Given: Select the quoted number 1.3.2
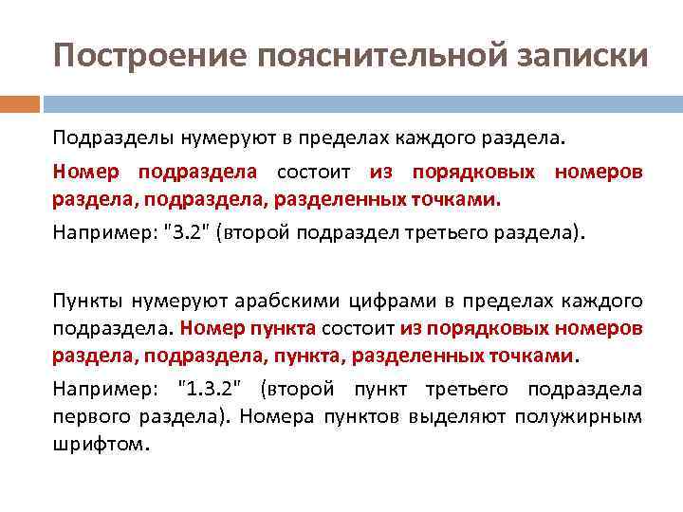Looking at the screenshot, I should (214, 389).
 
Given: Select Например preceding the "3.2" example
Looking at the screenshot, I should (102, 233).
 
